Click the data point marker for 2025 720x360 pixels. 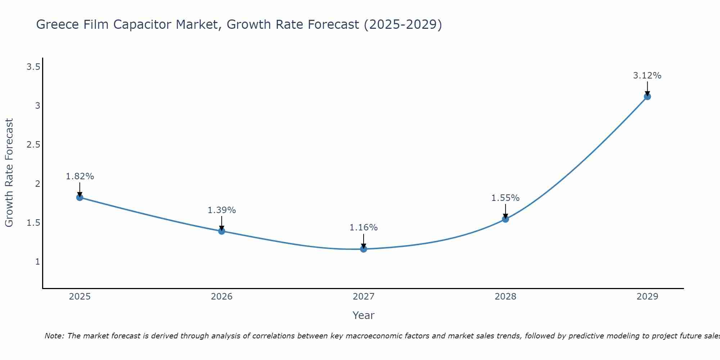(80, 197)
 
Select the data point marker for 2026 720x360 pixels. (222, 231)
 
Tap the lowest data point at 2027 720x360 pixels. (364, 249)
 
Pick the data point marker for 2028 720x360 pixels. (505, 219)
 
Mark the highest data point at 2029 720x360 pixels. (647, 96)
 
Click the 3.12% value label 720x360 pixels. (647, 76)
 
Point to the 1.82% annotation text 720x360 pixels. (80, 176)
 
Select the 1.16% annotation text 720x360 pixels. (364, 228)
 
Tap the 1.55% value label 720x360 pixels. (505, 198)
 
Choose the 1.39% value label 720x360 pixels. (222, 210)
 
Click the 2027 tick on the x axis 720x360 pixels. (364, 297)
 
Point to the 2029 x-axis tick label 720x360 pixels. (647, 297)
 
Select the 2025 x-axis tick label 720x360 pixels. (80, 297)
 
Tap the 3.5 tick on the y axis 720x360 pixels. (33, 67)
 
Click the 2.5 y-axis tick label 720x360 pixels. (33, 145)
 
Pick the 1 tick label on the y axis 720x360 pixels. (37, 262)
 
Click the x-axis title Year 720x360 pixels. (364, 315)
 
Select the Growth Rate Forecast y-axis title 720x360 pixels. (9, 173)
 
